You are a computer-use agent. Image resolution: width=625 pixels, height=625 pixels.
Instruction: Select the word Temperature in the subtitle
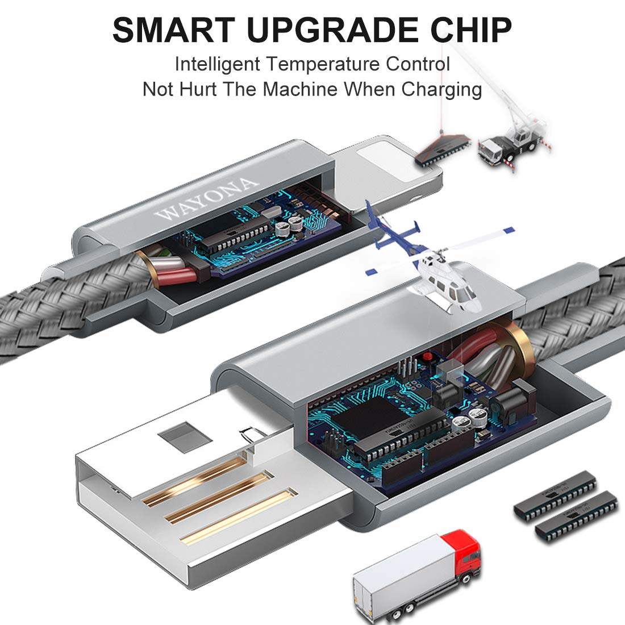click(323, 65)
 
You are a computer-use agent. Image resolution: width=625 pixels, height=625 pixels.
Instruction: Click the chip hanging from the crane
click(441, 149)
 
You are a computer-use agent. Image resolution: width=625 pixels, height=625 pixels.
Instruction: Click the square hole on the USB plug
click(185, 437)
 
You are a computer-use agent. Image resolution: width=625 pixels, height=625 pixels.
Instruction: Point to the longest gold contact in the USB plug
click(239, 516)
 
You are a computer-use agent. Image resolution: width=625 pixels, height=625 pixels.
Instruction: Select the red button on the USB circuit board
click(428, 356)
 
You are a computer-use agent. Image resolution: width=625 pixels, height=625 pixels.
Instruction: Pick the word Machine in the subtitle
click(300, 89)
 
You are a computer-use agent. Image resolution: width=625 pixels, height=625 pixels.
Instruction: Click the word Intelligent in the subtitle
click(218, 65)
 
